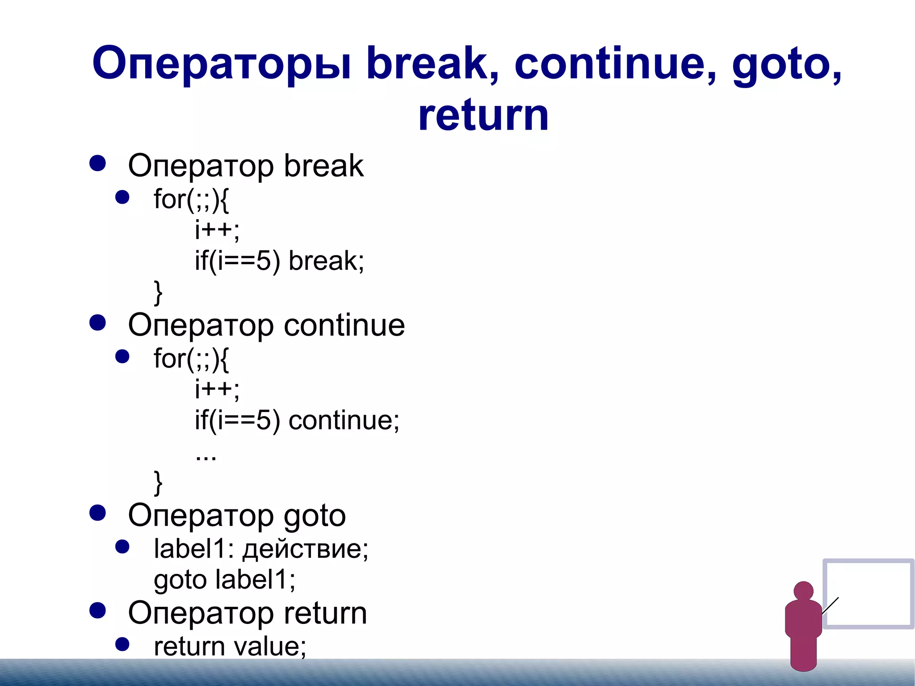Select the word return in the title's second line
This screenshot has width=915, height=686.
(x=483, y=115)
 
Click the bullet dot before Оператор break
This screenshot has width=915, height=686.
(x=97, y=164)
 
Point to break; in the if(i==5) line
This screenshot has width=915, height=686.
(x=326, y=261)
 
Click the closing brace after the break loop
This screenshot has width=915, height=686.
(x=158, y=292)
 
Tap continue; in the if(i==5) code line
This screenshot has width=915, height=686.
(x=344, y=421)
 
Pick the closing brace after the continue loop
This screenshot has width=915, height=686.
(x=158, y=483)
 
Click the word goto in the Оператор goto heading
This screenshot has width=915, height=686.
(x=315, y=516)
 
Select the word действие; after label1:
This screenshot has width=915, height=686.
(x=305, y=549)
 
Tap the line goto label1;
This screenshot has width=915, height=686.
(x=224, y=580)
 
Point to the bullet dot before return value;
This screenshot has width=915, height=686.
(x=122, y=644)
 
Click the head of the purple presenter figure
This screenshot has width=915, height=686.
(x=803, y=591)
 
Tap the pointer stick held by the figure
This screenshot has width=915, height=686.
(x=830, y=606)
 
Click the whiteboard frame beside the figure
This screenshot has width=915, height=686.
(x=868, y=561)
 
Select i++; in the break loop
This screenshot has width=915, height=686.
(x=217, y=230)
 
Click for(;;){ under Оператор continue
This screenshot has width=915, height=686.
(x=191, y=358)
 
